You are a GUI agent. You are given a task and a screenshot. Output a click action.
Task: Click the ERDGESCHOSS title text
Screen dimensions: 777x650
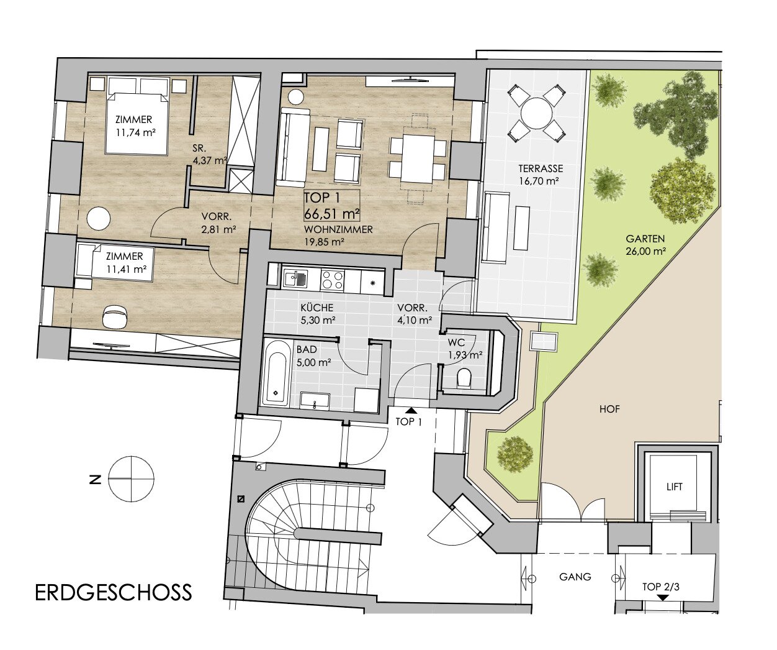(x=114, y=592)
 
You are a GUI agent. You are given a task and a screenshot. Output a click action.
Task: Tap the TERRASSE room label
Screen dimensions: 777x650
(x=541, y=168)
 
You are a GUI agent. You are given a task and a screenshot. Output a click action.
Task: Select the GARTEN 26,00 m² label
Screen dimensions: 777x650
(x=645, y=245)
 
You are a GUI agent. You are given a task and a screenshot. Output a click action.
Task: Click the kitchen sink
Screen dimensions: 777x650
(x=295, y=279)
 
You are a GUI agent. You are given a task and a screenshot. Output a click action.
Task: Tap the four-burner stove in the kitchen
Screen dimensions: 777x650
(x=332, y=280)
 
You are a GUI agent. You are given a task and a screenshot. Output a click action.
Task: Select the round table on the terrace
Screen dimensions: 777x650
(x=536, y=113)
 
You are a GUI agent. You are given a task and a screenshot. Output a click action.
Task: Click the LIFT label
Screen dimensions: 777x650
(x=675, y=487)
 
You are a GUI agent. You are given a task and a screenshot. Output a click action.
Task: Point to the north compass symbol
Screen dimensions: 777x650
(x=132, y=479)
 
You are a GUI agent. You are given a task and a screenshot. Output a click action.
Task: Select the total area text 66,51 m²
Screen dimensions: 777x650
(x=331, y=214)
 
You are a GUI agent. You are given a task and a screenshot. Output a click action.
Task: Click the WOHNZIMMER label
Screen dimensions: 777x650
(x=338, y=229)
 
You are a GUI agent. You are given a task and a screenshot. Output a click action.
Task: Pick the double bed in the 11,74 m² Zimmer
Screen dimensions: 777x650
(x=137, y=115)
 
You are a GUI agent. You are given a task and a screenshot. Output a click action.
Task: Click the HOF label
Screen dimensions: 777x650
(x=609, y=410)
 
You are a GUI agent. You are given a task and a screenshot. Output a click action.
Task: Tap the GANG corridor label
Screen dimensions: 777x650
(x=575, y=577)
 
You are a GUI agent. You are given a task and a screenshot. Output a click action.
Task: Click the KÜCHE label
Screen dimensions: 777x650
(x=317, y=308)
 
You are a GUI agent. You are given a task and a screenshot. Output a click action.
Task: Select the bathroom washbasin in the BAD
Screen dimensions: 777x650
(x=315, y=401)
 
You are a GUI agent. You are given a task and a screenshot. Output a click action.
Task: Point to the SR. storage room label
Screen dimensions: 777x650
(x=199, y=148)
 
